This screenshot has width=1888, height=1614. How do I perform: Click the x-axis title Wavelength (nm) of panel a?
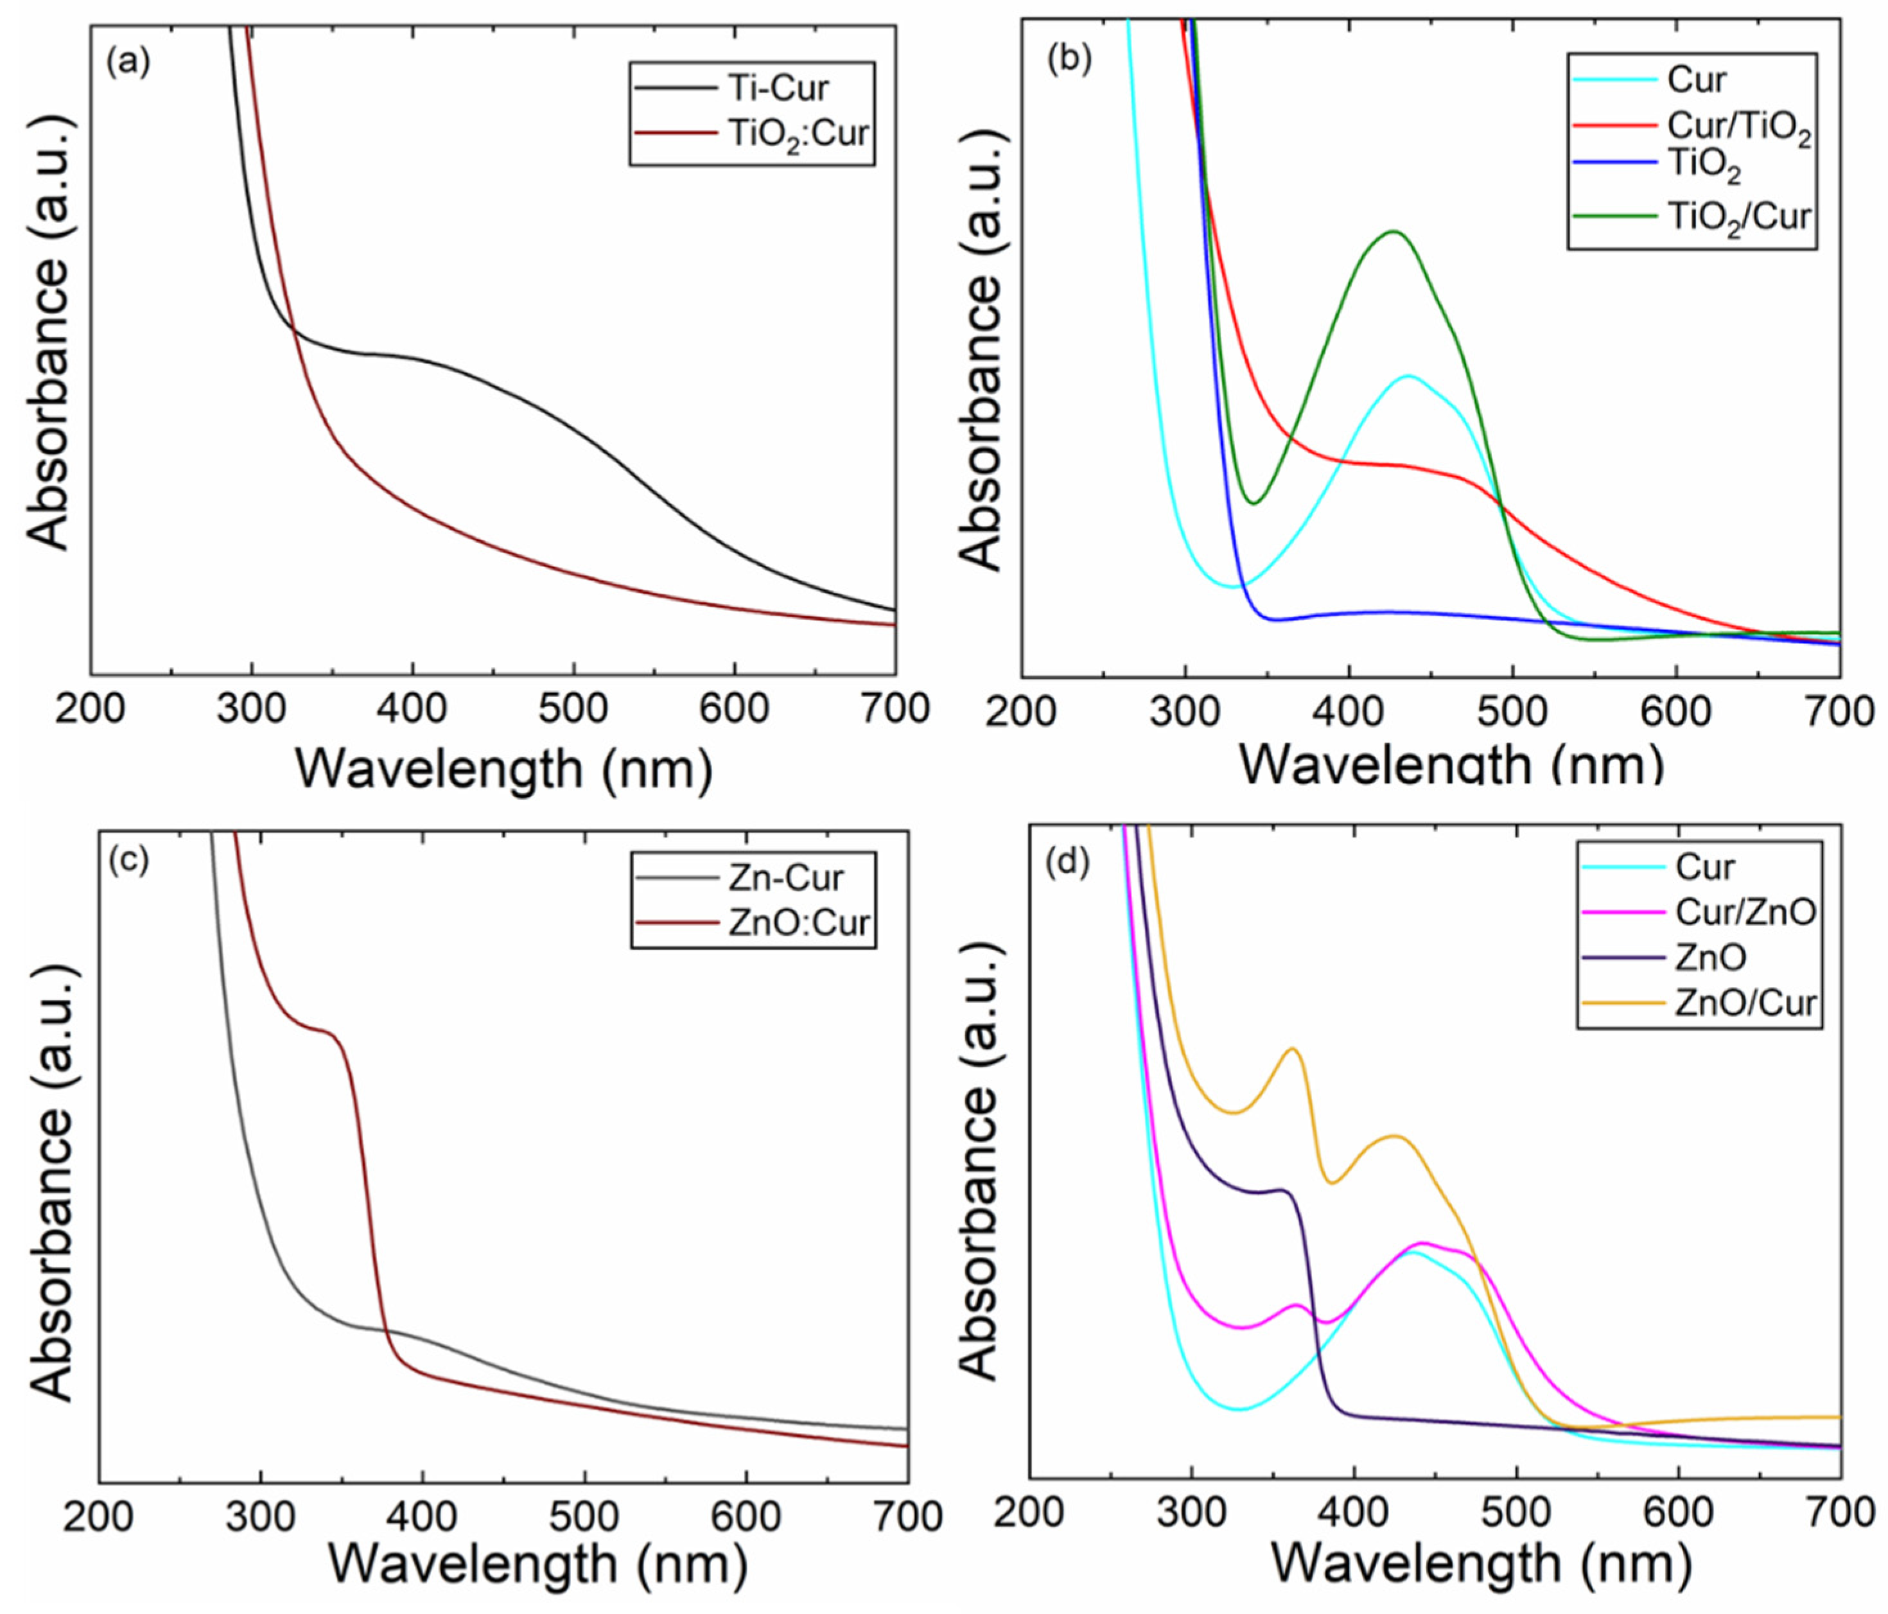pos(503,768)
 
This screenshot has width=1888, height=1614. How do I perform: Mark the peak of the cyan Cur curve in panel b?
pos(1409,376)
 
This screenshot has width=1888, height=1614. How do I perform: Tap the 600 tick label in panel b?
pos(1675,712)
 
